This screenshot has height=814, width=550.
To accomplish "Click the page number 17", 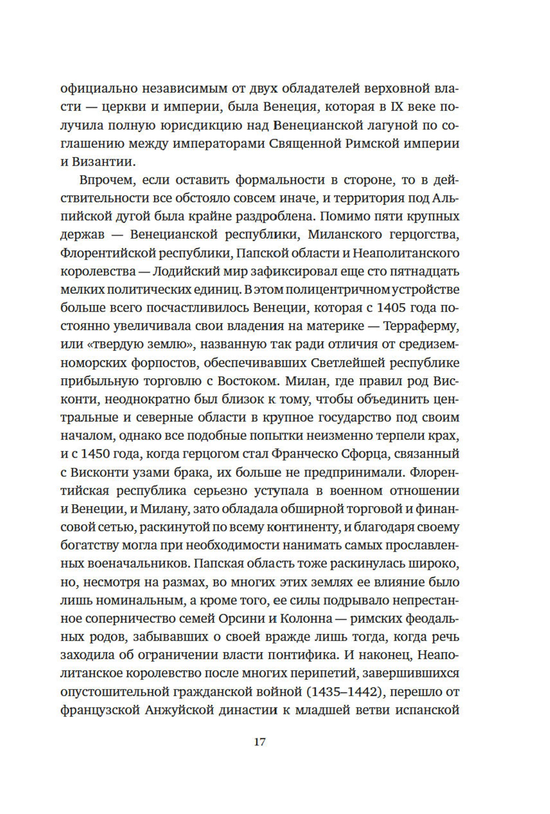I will click(x=260, y=742).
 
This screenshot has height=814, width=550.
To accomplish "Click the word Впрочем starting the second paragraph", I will click(x=108, y=180).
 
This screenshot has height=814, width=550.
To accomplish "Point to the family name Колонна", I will click(x=307, y=618).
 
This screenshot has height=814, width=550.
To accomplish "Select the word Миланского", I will click(x=345, y=235).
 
